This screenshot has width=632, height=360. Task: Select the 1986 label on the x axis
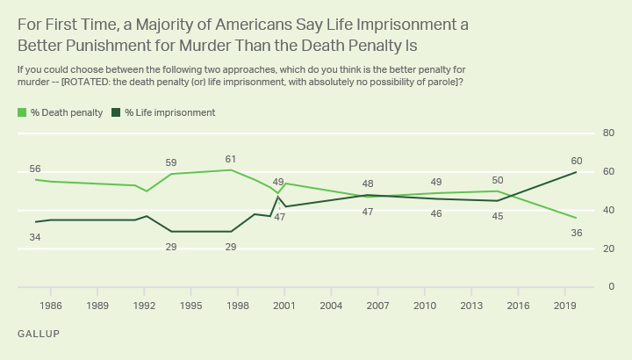51,306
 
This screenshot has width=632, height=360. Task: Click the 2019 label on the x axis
564,306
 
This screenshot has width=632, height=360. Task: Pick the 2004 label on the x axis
331,306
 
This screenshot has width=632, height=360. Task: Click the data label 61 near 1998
231,159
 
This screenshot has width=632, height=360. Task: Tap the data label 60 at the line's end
576,162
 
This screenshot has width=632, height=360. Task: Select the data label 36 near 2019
576,233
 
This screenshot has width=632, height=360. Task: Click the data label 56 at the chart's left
36,169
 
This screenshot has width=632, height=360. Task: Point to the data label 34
36,236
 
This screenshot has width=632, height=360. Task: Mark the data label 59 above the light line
171,162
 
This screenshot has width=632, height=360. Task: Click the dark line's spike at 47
278,197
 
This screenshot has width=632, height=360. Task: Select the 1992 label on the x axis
144,306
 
